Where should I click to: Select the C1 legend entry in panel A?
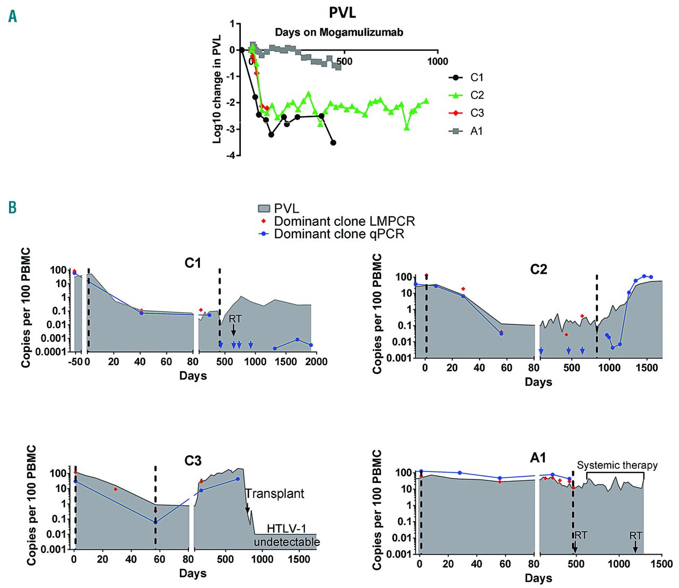click(x=476, y=77)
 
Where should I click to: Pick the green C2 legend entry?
click(x=476, y=95)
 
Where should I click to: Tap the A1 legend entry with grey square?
click(x=476, y=131)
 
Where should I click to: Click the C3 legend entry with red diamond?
click(x=476, y=113)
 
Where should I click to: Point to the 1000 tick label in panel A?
click(x=437, y=62)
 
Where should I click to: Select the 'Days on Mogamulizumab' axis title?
click(x=339, y=32)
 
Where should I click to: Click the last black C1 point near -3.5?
click(x=333, y=143)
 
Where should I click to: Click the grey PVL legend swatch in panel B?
click(x=264, y=209)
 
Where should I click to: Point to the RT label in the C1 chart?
click(x=235, y=319)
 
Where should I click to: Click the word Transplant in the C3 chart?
click(x=275, y=494)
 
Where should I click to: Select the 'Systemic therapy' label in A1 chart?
click(x=617, y=466)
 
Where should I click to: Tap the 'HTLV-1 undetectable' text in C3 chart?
click(x=286, y=535)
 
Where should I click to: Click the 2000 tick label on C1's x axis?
click(x=316, y=362)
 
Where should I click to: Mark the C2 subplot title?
click(x=538, y=269)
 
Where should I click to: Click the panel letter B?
click(x=12, y=207)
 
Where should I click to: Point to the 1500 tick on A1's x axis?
click(x=661, y=564)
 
